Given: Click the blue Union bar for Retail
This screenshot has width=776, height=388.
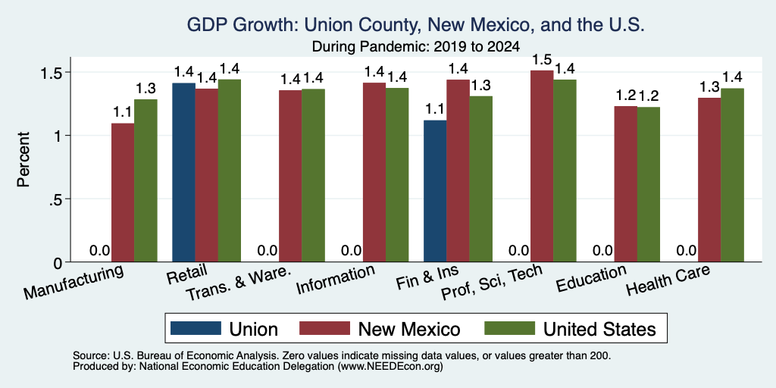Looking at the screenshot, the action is (x=183, y=172).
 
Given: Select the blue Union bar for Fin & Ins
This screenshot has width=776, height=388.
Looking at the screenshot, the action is (x=435, y=191).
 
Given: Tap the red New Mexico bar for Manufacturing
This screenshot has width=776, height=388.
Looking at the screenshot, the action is (x=123, y=192).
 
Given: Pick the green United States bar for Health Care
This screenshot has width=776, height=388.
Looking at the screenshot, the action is (x=732, y=175).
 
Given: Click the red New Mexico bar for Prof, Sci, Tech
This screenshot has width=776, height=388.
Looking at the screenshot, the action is (x=542, y=166).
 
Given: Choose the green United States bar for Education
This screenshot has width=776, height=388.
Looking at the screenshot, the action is (x=649, y=185).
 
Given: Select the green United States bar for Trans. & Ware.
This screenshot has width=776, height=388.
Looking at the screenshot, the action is (x=313, y=176).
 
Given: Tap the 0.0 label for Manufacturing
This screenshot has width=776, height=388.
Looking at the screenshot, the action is (x=99, y=250).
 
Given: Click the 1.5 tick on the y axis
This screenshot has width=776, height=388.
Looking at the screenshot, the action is (x=50, y=72).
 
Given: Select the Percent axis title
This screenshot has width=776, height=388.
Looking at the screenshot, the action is (x=23, y=159).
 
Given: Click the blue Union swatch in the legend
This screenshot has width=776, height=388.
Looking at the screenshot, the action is (x=196, y=328).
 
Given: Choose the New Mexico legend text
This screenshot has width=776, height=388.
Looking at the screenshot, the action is (x=408, y=329).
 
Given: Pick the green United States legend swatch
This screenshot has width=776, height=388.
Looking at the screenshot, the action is (x=510, y=328).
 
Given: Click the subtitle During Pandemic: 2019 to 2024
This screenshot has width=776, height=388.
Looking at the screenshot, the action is (x=416, y=47).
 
